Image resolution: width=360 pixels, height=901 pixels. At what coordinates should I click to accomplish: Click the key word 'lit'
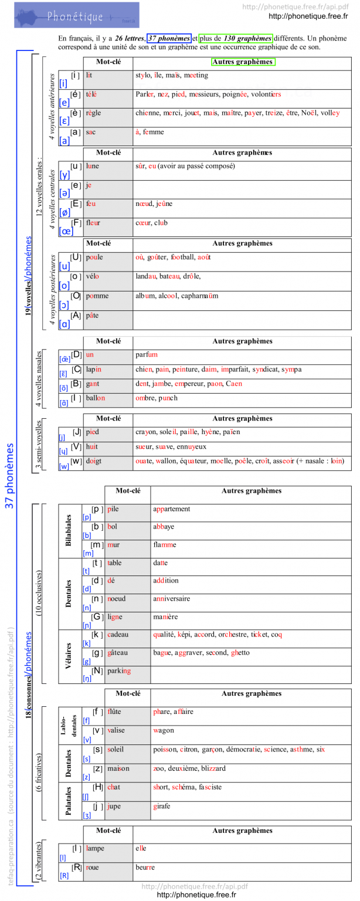point(89,76)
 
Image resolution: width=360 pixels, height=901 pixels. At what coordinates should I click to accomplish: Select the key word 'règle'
point(93,113)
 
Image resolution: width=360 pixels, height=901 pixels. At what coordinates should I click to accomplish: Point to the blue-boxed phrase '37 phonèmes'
point(169,38)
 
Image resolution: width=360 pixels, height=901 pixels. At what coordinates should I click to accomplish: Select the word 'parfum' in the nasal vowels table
point(147,355)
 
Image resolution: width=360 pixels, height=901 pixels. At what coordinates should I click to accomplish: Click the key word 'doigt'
point(94,462)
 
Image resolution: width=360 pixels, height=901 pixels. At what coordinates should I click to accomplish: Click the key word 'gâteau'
point(118,653)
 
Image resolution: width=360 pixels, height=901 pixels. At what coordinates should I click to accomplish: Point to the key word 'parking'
point(119,671)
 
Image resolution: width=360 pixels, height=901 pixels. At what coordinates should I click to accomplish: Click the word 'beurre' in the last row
point(145,867)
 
